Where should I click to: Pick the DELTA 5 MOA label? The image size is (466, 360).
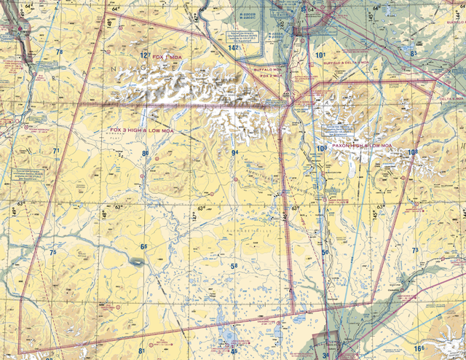(x=449, y=98)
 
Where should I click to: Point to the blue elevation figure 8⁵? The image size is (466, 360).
(x=414, y=53)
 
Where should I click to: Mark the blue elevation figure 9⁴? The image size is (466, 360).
(x=234, y=152)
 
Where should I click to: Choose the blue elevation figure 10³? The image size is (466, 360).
(x=321, y=149)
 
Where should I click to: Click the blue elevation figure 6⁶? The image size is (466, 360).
(x=144, y=248)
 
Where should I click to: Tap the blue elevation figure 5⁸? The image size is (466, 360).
(x=234, y=267)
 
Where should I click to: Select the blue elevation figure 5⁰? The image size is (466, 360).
(x=325, y=253)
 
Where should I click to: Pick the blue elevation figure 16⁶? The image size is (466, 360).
(x=419, y=349)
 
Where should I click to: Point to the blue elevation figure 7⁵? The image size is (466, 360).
(x=52, y=252)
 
